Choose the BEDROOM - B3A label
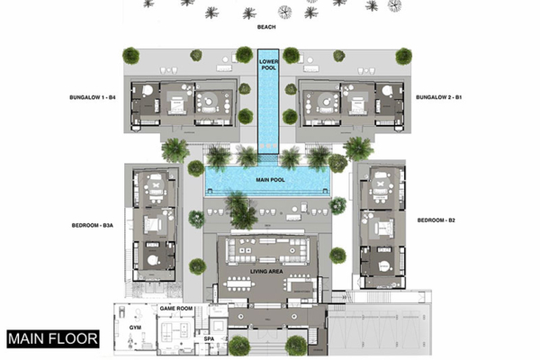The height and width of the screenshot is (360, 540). point(94,226)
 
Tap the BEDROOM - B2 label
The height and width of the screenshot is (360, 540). point(436,220)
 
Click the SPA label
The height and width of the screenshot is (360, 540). point(209,339)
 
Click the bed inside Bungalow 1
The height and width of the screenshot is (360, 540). point(175,104)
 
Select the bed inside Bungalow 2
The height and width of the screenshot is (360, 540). point(359,104)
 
